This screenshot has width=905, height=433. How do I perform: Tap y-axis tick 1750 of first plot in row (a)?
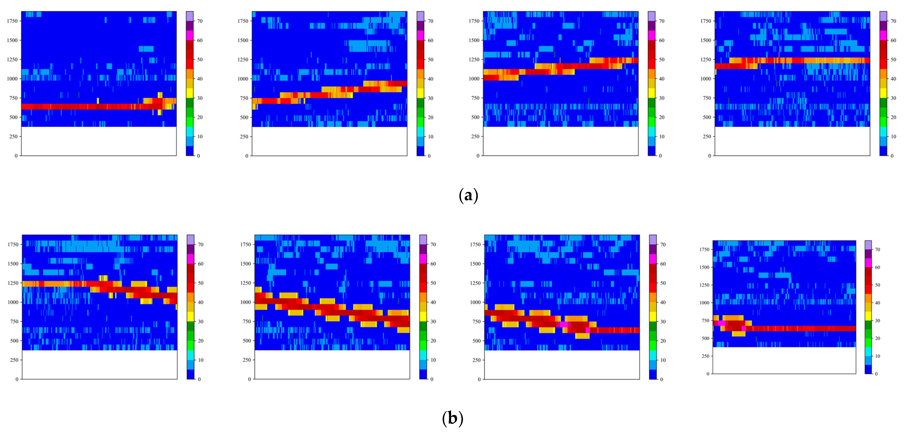pyautogui.click(x=12, y=21)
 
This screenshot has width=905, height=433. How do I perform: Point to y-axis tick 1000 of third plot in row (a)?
pyautogui.click(x=474, y=79)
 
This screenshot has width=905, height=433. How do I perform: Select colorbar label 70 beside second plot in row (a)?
pyautogui.click(x=430, y=21)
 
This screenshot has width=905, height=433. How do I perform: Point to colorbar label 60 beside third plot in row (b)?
pyautogui.click(x=663, y=264)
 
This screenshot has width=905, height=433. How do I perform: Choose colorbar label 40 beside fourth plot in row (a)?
pyautogui.click(x=893, y=79)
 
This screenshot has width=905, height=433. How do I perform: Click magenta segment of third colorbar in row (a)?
pyautogui.click(x=652, y=35)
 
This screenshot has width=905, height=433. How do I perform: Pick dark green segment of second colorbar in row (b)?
pyautogui.click(x=423, y=326)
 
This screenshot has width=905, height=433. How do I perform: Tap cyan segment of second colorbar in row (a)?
pyautogui.click(x=421, y=132)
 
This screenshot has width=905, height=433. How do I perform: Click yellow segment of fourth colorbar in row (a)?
pyautogui.click(x=883, y=93)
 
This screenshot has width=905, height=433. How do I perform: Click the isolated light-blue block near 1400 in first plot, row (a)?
pyautogui.click(x=146, y=49)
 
